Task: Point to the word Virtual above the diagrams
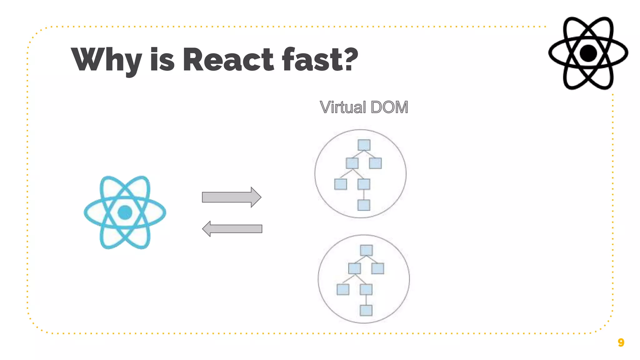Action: point(343,107)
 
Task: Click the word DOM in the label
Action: point(389,107)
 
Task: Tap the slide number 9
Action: point(621,342)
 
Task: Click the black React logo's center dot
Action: point(588,53)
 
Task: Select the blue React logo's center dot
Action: point(125,212)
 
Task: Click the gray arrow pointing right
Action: point(231,197)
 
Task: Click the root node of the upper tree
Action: point(364,145)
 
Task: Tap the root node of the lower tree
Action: point(366,250)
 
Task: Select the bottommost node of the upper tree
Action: point(364,205)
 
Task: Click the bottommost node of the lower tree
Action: point(366,310)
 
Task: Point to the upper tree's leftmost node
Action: point(341,184)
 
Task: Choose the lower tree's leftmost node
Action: point(343,289)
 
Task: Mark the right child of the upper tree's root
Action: point(375,163)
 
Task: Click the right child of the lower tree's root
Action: point(377,268)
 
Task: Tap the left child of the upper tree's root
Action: point(352,163)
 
